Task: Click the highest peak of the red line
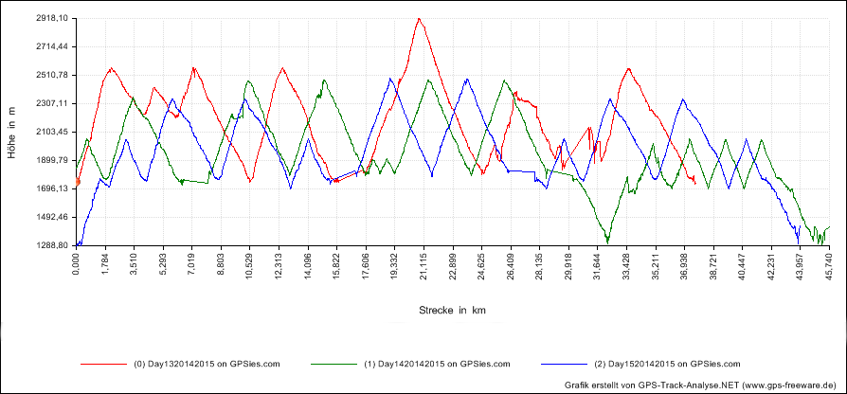418,18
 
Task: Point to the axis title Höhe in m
12,132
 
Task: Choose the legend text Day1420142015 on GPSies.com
441,363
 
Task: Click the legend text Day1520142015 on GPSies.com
670,363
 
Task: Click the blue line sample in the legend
561,363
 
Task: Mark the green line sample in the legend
332,363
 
